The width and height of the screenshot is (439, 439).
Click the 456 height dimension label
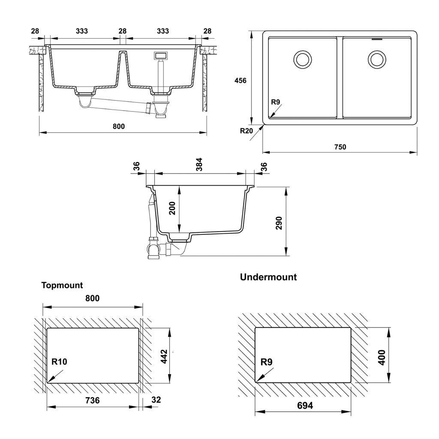point(240,81)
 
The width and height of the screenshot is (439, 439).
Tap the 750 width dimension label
point(340,147)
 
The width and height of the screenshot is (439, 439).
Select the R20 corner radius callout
point(247,131)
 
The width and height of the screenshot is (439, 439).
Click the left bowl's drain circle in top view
point(303,59)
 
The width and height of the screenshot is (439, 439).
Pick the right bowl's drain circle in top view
point(377,59)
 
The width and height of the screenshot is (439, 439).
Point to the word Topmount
point(62,285)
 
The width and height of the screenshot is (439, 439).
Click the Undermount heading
point(268,277)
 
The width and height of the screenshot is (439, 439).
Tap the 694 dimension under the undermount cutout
point(305,406)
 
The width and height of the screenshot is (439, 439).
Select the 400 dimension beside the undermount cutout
point(382,357)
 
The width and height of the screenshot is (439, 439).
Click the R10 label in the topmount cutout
point(59,362)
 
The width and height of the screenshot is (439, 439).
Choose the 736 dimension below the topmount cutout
point(93,400)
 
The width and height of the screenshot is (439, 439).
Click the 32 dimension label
point(156,400)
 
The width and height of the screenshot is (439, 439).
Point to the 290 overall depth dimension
point(279,223)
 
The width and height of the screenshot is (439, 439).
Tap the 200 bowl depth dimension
point(172,208)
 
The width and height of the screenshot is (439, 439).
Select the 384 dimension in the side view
point(199,164)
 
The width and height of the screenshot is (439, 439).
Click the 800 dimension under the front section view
point(119,126)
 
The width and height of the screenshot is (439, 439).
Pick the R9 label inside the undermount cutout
point(266,362)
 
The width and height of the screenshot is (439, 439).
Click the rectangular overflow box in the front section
point(161,55)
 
